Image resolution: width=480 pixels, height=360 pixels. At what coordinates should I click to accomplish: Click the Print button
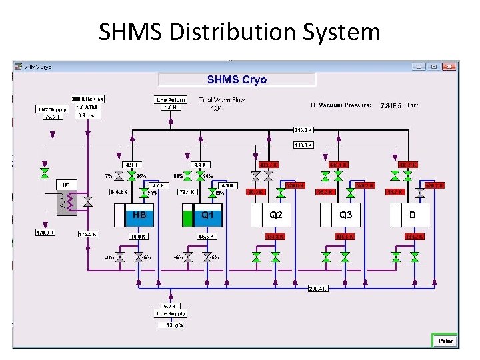(x=445, y=341)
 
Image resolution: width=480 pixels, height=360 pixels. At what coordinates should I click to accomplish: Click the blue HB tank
(x=139, y=216)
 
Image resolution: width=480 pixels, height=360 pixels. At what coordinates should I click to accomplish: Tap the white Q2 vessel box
(x=275, y=215)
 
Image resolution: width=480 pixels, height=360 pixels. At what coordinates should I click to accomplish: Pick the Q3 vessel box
(x=345, y=215)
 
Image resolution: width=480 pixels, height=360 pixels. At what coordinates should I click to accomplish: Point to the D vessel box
(x=412, y=215)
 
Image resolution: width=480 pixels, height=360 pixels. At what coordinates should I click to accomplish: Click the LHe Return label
(x=171, y=100)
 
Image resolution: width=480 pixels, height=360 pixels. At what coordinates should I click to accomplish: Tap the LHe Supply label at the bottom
(x=171, y=313)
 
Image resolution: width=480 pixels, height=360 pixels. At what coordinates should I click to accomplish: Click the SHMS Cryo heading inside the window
(x=237, y=79)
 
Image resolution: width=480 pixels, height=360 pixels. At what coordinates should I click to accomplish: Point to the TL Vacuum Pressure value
(x=389, y=105)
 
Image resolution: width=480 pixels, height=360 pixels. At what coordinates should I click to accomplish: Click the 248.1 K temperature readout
(x=303, y=130)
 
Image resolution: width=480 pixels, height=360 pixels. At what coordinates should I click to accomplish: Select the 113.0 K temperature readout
(x=303, y=145)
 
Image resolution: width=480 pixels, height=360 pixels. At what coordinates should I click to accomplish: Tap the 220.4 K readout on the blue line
(x=317, y=289)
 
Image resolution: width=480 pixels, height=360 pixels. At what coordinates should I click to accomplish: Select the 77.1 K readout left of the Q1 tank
(x=186, y=192)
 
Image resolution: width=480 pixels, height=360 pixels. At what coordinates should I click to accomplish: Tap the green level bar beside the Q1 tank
(x=187, y=218)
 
